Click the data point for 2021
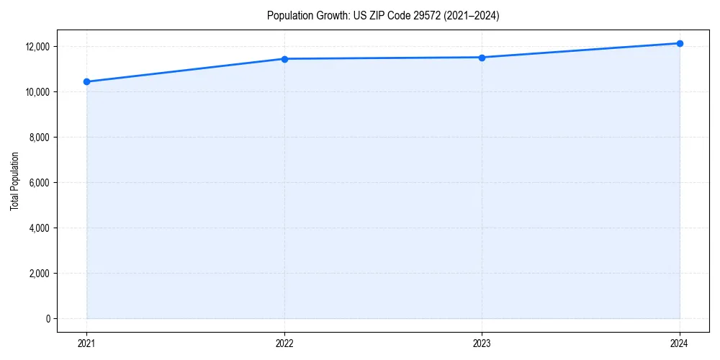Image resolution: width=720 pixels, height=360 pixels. [86, 81]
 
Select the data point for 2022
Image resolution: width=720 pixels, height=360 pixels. [284, 59]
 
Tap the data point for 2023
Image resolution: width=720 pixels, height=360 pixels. [482, 58]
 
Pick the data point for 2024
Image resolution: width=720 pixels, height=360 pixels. [680, 43]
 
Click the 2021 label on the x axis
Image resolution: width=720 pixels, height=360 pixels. [86, 343]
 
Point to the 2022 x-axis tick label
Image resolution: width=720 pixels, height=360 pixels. [284, 343]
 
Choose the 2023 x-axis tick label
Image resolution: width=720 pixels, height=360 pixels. [482, 343]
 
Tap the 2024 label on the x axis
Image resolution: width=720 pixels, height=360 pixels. [680, 343]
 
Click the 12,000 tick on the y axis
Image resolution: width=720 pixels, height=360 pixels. [36, 47]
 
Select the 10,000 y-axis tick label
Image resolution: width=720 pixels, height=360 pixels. [36, 92]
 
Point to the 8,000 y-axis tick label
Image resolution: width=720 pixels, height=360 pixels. [38, 138]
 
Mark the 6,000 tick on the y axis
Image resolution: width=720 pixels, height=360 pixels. [38, 183]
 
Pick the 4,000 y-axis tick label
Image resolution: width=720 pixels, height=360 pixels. [38, 228]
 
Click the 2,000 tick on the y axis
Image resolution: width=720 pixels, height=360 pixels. [38, 274]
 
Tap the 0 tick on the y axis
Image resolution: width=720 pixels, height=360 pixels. [48, 319]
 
